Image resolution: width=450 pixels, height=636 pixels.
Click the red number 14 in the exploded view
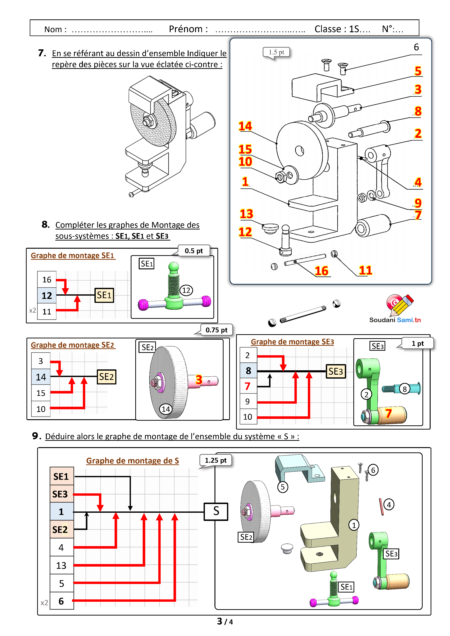point(245,126)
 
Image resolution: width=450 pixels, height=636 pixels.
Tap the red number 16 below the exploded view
point(321,271)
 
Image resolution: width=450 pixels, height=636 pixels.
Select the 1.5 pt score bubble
point(276,52)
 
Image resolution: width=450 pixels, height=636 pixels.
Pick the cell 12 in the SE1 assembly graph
point(47,296)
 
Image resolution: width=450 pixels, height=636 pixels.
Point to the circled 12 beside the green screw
point(186,290)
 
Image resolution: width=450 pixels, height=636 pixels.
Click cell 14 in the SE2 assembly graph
point(41,377)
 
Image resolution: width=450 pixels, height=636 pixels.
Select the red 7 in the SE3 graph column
point(248,386)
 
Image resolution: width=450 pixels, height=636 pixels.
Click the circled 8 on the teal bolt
point(404,389)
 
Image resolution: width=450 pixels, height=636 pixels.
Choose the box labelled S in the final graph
point(216,511)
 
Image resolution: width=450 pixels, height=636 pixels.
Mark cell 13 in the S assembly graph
point(61,565)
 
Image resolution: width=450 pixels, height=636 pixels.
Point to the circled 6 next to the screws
point(373,470)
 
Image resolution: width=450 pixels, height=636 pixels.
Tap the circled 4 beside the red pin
point(389,505)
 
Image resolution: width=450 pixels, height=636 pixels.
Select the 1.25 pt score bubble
point(216,460)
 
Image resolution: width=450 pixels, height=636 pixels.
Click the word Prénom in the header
point(188,29)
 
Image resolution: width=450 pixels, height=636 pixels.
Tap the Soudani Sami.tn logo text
point(395,320)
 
